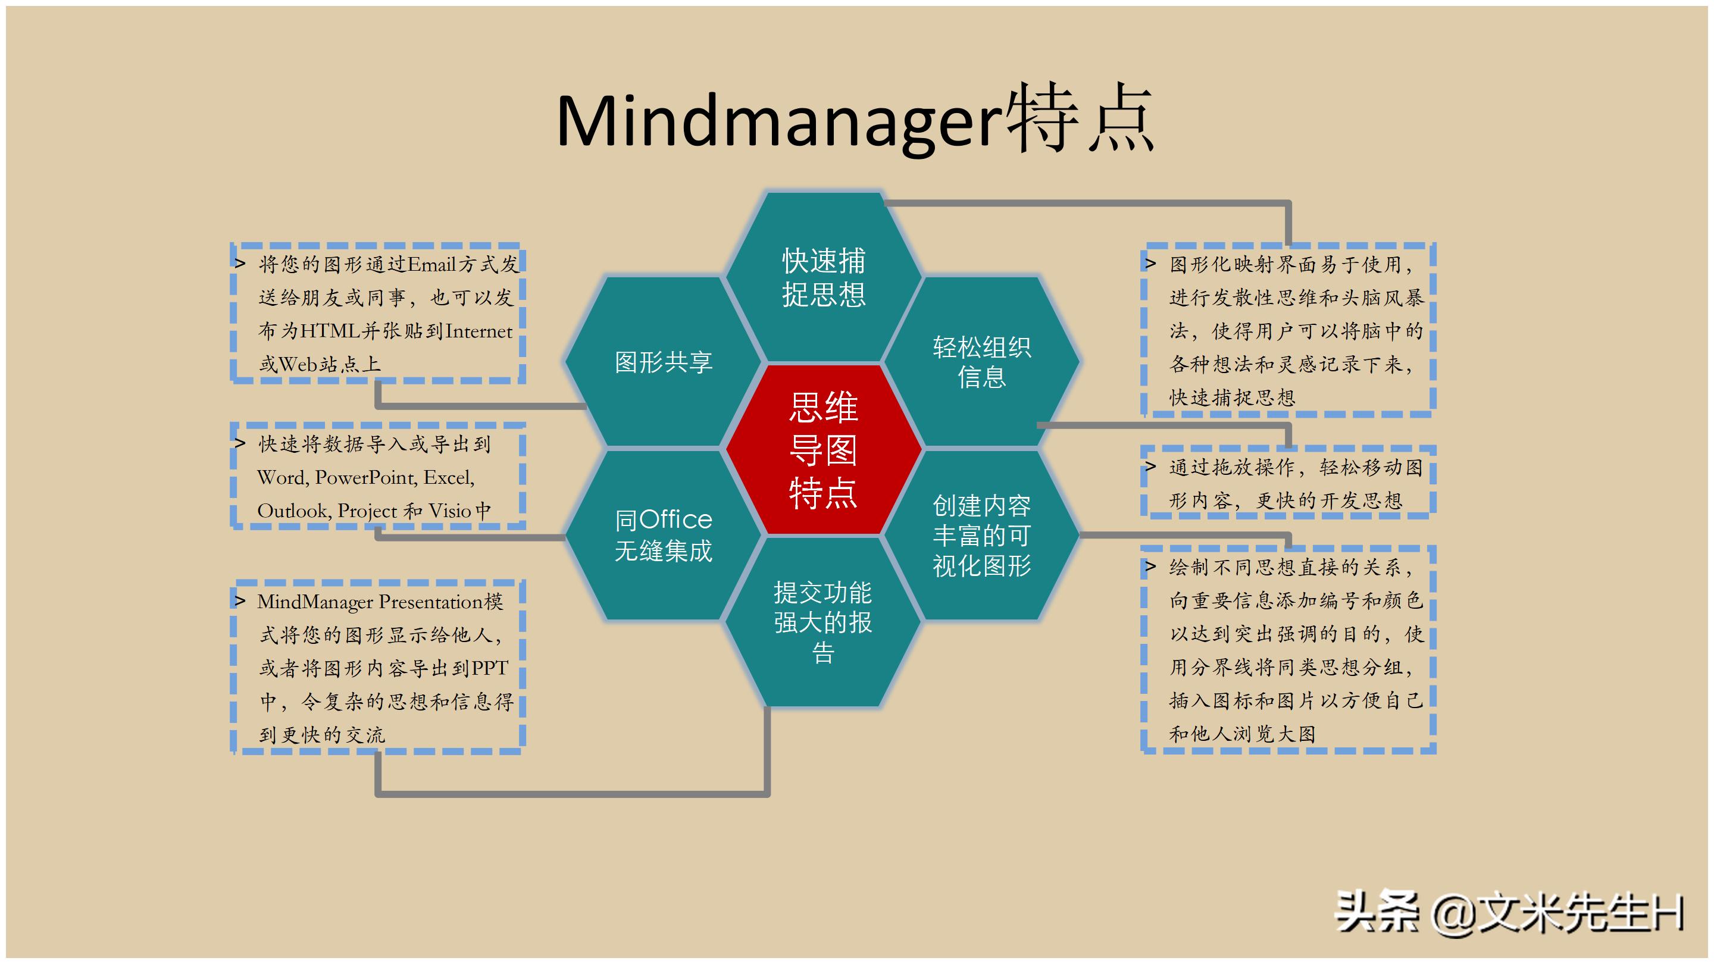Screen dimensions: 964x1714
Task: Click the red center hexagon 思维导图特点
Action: point(823,450)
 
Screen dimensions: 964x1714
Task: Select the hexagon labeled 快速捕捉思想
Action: point(823,277)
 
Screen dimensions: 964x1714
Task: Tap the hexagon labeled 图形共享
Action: point(664,362)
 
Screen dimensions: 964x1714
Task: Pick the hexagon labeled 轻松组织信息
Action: point(981,362)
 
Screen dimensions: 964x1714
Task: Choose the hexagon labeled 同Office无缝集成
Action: point(664,535)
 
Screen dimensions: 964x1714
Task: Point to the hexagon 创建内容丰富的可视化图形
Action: point(981,535)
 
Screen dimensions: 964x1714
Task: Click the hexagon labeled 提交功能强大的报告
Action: point(823,622)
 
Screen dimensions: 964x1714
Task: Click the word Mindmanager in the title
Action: point(778,122)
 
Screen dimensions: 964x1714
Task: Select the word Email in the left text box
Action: point(431,265)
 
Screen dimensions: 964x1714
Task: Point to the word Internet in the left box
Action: point(479,331)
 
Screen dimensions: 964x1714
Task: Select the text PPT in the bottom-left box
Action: point(490,668)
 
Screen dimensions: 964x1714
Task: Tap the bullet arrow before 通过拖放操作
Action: point(1150,467)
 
